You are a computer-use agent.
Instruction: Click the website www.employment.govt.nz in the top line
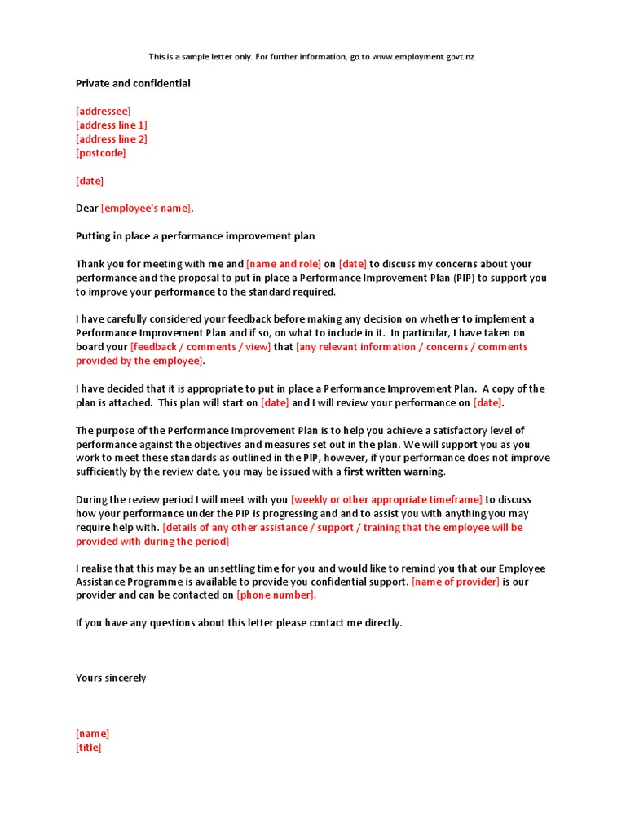tap(423, 57)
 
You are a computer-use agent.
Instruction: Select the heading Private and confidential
tap(133, 83)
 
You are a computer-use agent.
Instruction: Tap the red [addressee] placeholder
tap(103, 111)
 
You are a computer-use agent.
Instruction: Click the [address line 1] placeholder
tap(112, 125)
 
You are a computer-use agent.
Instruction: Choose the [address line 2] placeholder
tap(112, 138)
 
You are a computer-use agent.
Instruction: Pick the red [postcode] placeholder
tap(101, 152)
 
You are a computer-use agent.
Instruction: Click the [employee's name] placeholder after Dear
tap(146, 208)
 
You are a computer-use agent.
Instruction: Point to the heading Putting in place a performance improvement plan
tap(195, 236)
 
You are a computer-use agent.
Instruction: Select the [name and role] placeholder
tap(284, 264)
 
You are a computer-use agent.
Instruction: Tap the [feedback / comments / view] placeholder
tap(201, 347)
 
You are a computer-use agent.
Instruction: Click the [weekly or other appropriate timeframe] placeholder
tap(386, 499)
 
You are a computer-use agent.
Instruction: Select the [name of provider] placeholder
tap(456, 582)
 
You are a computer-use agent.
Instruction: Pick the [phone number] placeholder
tap(276, 595)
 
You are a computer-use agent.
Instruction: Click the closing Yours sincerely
tap(111, 678)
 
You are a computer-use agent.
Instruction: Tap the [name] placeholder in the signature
tap(92, 733)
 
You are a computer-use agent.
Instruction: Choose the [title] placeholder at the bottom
tap(89, 747)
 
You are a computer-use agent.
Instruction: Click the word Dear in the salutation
tap(87, 208)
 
